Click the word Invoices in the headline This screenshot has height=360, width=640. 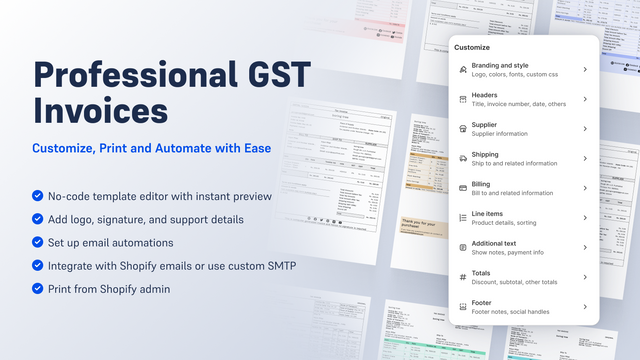coord(94,109)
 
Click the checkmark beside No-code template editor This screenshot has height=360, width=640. coord(38,196)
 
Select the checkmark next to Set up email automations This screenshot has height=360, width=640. coord(38,243)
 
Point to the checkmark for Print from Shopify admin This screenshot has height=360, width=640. coord(38,290)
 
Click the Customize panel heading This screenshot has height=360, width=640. coord(472,47)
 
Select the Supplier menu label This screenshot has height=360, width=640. coord(486,126)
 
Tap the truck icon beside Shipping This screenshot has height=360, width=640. coord(461,157)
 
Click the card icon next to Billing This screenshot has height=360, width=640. coord(461,187)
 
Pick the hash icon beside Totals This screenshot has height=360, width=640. coord(461,277)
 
